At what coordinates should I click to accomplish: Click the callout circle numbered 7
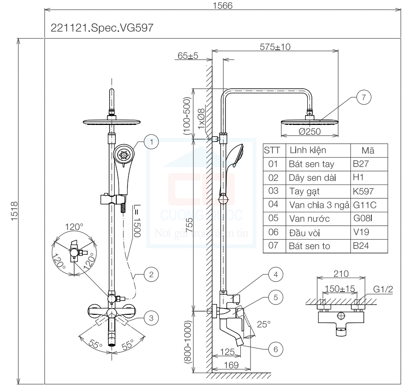pyautogui.click(x=363, y=98)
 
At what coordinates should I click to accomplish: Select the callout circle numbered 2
pyautogui.click(x=152, y=274)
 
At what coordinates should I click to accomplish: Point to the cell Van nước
pyautogui.click(x=309, y=219)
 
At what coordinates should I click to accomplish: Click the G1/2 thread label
pyautogui.click(x=383, y=289)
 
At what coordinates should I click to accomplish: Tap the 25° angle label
pyautogui.click(x=265, y=325)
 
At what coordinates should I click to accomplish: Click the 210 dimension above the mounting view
pyautogui.click(x=341, y=274)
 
